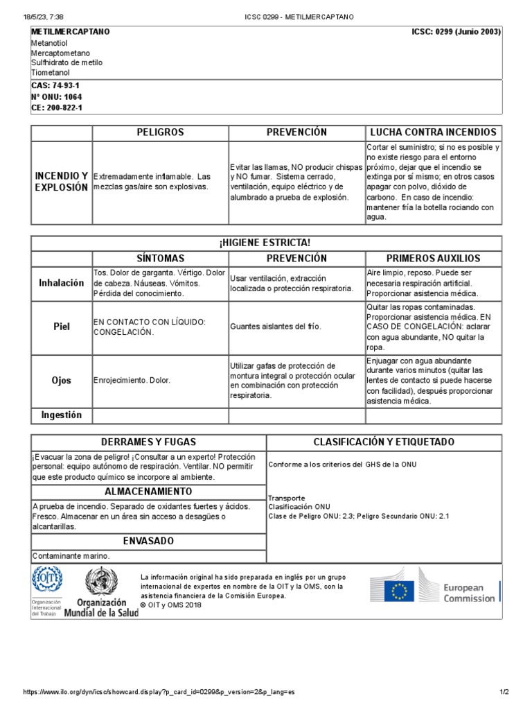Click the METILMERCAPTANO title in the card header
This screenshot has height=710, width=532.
tap(71, 32)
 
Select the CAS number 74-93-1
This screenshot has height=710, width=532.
tap(50, 86)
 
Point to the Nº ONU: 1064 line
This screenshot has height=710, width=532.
tap(51, 97)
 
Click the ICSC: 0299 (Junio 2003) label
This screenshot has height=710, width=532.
tap(456, 32)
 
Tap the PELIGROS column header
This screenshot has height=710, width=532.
tap(160, 132)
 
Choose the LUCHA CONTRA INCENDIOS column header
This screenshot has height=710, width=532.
tap(434, 132)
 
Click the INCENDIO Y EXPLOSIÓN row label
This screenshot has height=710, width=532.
tap(62, 182)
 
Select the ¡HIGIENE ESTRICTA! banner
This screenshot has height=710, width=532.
tap(266, 243)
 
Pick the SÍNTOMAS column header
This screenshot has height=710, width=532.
tap(160, 258)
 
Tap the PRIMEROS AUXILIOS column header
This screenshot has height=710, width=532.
tap(434, 258)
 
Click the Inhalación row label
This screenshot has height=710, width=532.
tap(62, 283)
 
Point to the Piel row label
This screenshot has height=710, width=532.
tap(62, 327)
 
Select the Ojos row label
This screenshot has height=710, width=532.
tap(62, 381)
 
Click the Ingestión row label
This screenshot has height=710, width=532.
tap(62, 415)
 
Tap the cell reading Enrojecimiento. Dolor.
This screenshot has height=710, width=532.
tap(132, 381)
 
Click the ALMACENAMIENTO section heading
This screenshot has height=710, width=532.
tap(148, 492)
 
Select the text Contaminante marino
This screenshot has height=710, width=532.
tap(71, 556)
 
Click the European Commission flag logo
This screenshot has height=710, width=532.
tap(400, 591)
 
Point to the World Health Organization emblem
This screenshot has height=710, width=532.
tap(101, 580)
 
